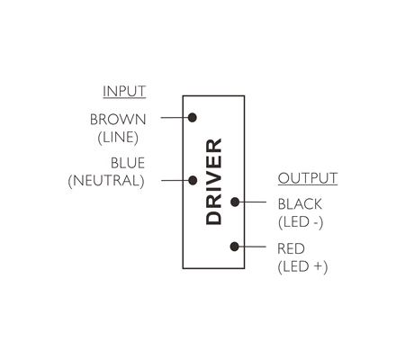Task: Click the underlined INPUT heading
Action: pyautogui.click(x=124, y=92)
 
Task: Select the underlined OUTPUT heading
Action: pyautogui.click(x=308, y=178)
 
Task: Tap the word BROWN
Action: pyautogui.click(x=118, y=120)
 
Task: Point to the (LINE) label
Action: pyautogui.click(x=118, y=138)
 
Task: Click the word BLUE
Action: pyautogui.click(x=128, y=163)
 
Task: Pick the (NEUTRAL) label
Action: pyautogui.click(x=106, y=181)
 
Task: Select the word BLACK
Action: pyautogui.click(x=300, y=204)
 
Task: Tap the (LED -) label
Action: pyautogui.click(x=301, y=222)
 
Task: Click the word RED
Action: pyautogui.click(x=291, y=248)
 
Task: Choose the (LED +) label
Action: pyautogui.click(x=302, y=266)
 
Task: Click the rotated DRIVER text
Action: pyautogui.click(x=213, y=182)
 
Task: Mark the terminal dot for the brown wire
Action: pyautogui.click(x=193, y=117)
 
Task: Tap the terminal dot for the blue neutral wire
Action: pyautogui.click(x=193, y=180)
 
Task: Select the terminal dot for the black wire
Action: pyautogui.click(x=235, y=202)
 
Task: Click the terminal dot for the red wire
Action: pyautogui.click(x=235, y=247)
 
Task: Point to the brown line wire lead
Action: pyautogui.click(x=175, y=117)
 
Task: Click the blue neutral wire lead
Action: pyautogui.click(x=175, y=180)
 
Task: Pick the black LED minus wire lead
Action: pyautogui.click(x=252, y=202)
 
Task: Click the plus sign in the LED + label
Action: pyautogui.click(x=319, y=266)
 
